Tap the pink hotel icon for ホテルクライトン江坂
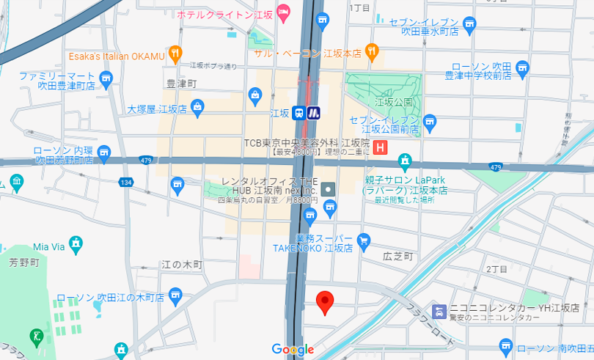click(x=283, y=10)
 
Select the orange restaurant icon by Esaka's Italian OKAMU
click(x=175, y=53)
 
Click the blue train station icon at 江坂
click(x=299, y=113)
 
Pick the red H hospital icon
click(x=380, y=147)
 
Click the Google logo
click(x=293, y=350)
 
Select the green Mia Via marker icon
click(x=76, y=242)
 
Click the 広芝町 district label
click(x=398, y=257)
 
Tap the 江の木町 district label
click(x=181, y=264)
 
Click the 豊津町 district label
click(x=182, y=84)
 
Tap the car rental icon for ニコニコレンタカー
click(x=439, y=310)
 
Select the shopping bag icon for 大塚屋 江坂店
click(x=197, y=109)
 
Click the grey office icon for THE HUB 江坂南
click(x=328, y=189)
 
